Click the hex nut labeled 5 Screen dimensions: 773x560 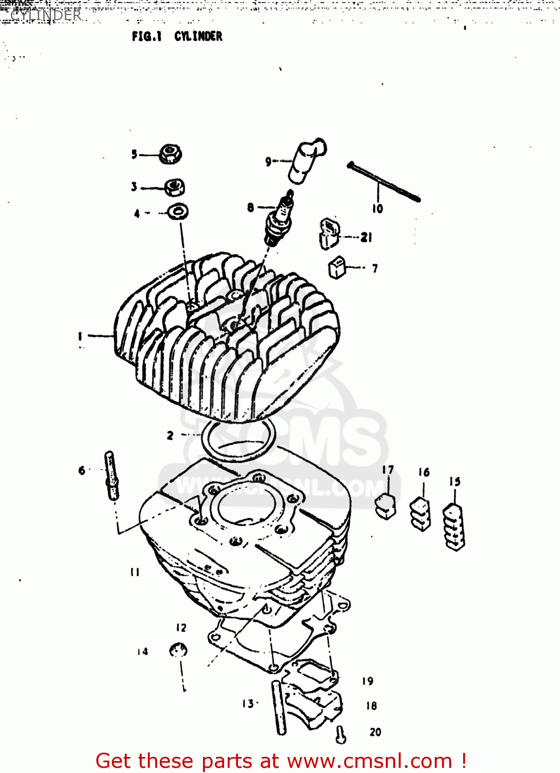170,154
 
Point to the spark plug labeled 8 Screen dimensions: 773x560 279,219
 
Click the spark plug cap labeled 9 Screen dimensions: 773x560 307,160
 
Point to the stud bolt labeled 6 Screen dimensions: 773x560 111,475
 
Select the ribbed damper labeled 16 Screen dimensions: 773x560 420,514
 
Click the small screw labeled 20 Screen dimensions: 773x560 341,735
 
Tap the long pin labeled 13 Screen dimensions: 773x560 279,707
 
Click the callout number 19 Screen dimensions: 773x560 367,681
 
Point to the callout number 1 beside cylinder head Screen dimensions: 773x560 80,336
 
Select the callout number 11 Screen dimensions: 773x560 134,572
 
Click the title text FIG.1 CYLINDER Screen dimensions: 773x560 177,36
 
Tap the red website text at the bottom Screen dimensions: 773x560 281,761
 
